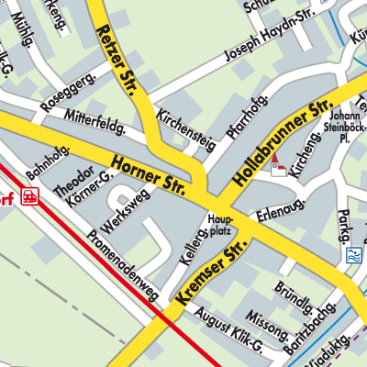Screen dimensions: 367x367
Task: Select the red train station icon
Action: [31, 195]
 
